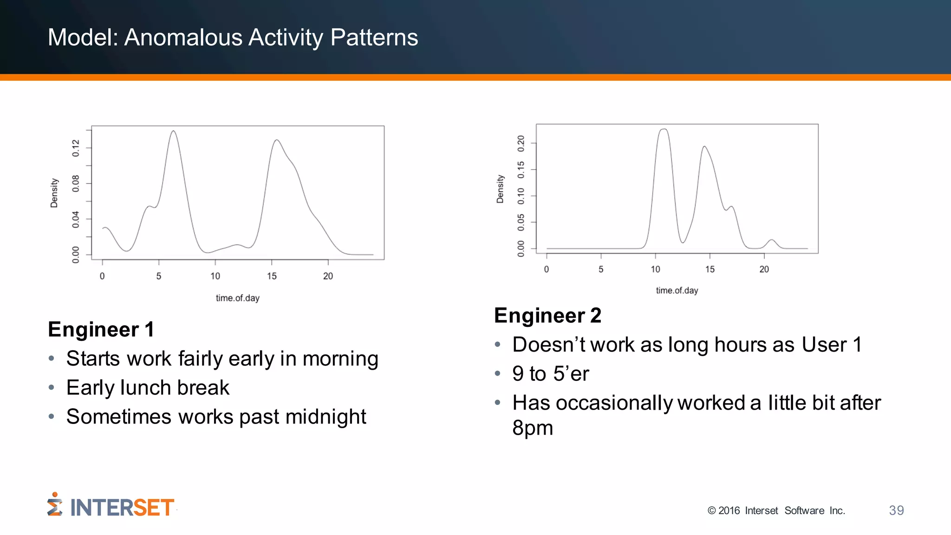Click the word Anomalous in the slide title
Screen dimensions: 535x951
183,38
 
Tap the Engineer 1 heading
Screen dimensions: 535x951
101,330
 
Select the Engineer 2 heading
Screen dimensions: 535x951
547,316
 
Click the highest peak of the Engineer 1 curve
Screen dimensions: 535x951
173,131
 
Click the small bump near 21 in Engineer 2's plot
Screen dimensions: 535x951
772,240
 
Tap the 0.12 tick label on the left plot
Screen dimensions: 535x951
76,148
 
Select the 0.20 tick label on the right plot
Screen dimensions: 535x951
521,144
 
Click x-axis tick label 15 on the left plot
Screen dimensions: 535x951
272,276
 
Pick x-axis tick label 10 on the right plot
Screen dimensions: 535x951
655,269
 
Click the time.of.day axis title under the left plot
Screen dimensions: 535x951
237,298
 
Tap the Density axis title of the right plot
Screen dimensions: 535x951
500,189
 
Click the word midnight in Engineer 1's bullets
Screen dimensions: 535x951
326,417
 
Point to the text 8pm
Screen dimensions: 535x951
532,428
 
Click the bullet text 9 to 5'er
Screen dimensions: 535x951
550,374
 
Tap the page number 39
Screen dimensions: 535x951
896,510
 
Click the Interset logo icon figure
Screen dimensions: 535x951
54,504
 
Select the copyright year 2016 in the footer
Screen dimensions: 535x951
729,511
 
